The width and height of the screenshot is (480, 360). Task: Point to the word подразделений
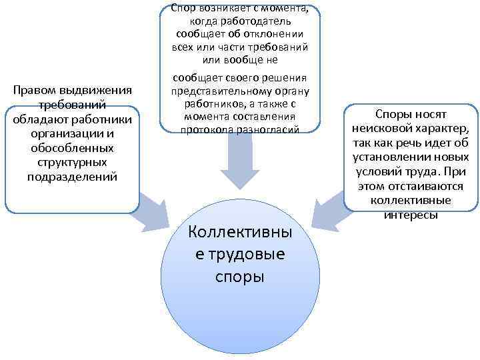coord(71,177)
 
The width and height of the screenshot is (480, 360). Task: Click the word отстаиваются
coord(419,187)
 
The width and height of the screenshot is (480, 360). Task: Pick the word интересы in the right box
coord(411,215)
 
